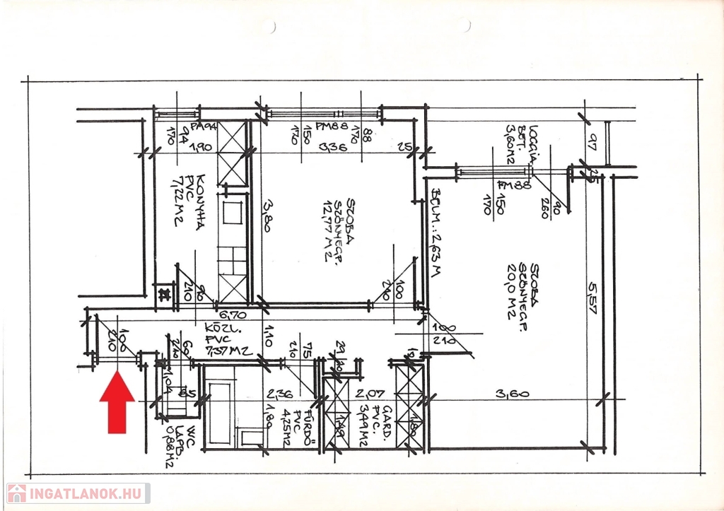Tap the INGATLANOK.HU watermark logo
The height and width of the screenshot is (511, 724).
(x=78, y=493)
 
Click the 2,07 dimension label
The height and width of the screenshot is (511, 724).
(x=370, y=394)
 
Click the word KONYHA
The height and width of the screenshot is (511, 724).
(x=202, y=199)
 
